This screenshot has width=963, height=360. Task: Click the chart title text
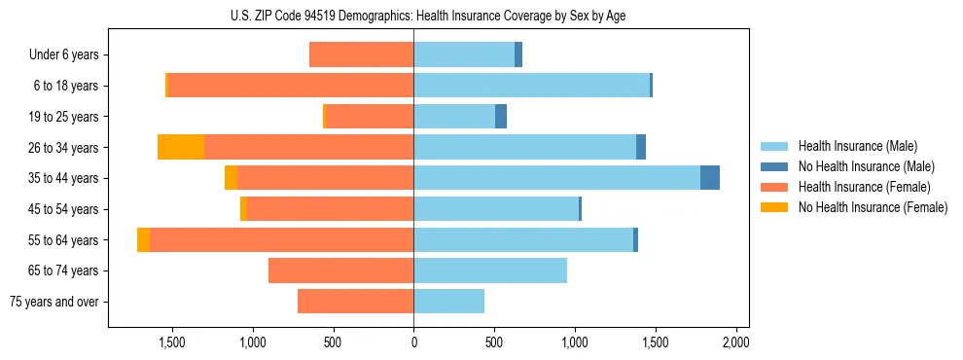(429, 17)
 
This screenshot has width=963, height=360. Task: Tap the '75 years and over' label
(54, 302)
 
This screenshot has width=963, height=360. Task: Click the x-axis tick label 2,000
(735, 342)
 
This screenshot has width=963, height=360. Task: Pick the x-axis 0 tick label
(413, 342)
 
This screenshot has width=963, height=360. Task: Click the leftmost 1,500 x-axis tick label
(172, 342)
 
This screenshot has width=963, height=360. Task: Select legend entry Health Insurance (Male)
(857, 146)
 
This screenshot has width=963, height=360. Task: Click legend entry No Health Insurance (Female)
(873, 207)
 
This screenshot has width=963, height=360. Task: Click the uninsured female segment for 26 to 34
(181, 148)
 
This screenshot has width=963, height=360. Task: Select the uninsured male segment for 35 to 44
(710, 178)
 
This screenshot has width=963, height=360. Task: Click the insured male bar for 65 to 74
(490, 270)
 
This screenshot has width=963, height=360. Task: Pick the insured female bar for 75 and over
(355, 302)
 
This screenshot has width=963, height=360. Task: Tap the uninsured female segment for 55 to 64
(143, 240)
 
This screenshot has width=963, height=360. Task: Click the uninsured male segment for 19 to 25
(501, 117)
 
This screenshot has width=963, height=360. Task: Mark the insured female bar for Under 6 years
(361, 55)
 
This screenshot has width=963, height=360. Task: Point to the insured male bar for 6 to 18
(531, 86)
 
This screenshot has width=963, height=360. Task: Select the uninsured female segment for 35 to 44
(231, 178)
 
